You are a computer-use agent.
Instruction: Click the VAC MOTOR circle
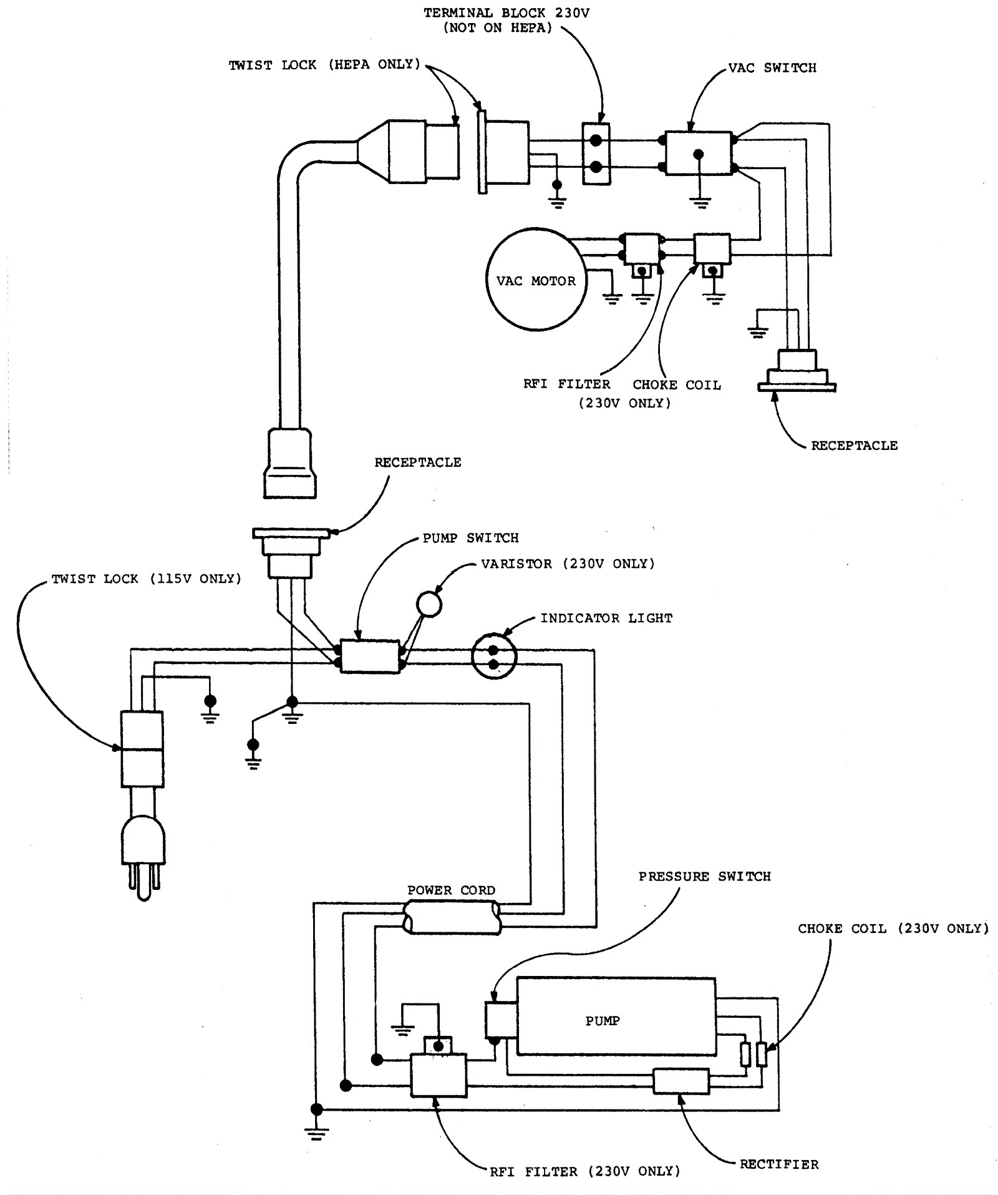click(536, 280)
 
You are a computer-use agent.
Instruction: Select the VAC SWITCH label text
click(772, 68)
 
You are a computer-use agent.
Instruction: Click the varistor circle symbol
click(429, 603)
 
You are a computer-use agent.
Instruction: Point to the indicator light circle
click(494, 656)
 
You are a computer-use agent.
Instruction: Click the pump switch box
click(370, 656)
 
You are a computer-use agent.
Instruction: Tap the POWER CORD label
click(451, 890)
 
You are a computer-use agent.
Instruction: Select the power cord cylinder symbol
click(452, 920)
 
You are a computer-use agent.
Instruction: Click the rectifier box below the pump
click(681, 1081)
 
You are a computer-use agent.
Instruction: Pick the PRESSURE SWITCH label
click(704, 877)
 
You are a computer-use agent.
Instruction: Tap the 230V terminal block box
click(596, 154)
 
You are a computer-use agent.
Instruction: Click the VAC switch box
click(699, 153)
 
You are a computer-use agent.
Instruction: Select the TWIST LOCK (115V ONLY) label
click(146, 579)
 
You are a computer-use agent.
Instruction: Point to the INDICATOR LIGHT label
click(606, 618)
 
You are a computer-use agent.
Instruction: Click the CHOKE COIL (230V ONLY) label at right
click(893, 929)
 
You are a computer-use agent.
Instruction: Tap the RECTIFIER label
click(779, 1164)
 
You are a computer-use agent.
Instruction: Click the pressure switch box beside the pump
click(501, 1020)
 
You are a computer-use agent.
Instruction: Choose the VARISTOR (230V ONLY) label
click(568, 564)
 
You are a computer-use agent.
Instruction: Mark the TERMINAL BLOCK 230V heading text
click(506, 13)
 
